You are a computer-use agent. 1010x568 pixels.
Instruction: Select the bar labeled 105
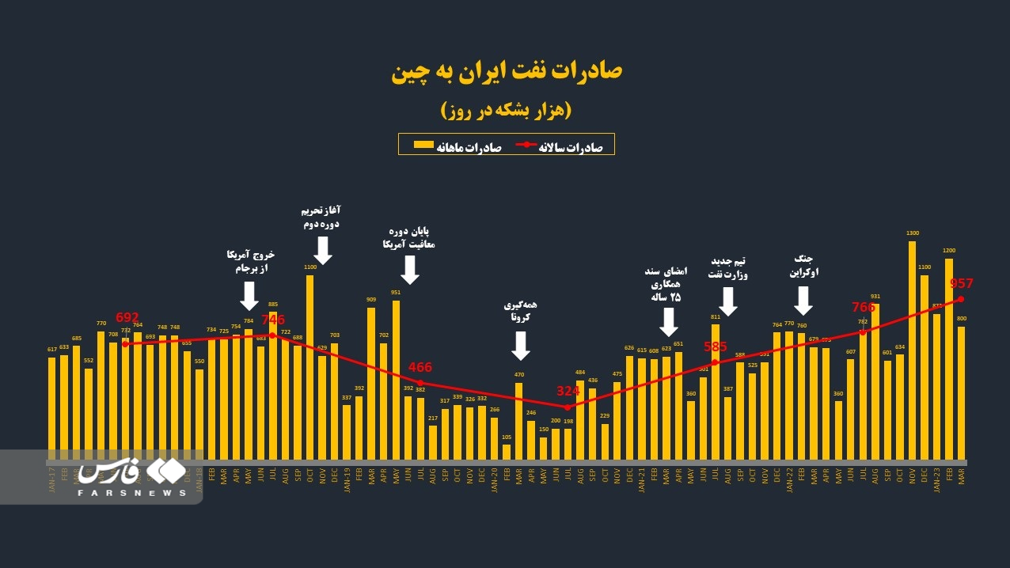pos(507,452)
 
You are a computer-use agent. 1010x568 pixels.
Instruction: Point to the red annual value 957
pos(961,284)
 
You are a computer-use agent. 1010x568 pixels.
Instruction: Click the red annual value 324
pos(568,391)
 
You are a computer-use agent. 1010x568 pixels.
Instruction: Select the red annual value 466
pos(420,368)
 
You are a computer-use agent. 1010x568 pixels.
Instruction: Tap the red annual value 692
pos(127,317)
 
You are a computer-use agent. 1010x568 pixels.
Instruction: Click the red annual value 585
pos(716,346)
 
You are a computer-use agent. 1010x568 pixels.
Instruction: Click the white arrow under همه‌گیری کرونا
pos(520,345)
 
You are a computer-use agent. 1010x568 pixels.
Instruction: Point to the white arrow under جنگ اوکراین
pos(803,300)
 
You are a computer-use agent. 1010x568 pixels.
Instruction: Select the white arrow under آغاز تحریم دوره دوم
pos(322,250)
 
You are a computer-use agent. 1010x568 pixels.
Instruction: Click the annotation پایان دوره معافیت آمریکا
pos(408,237)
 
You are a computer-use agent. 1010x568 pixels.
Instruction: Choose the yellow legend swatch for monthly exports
pos(424,145)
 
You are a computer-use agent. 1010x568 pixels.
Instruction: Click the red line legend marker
pos(526,145)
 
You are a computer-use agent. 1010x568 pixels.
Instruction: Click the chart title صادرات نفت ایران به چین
pos(507,71)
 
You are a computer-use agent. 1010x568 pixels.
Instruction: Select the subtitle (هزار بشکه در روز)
pos(506,111)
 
